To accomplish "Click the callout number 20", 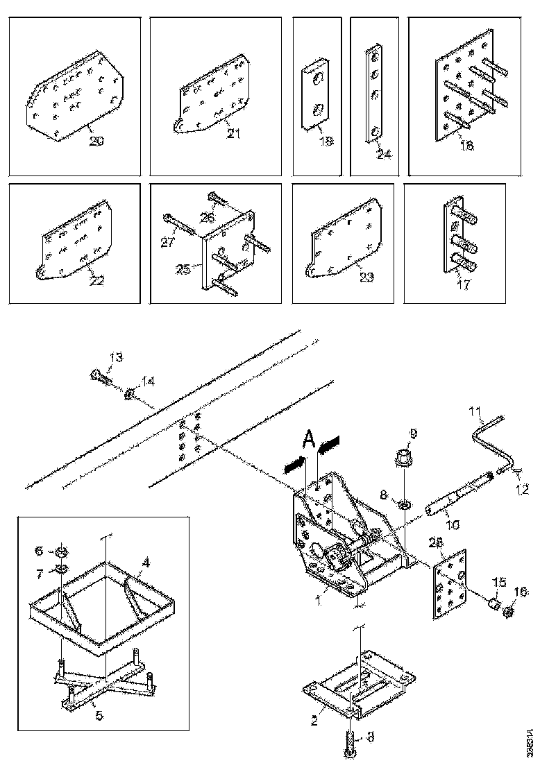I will (96, 141).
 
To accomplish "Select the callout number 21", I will (233, 133).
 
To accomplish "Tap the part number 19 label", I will (326, 141).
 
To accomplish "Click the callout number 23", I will (366, 277).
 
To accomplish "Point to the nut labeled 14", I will (129, 395).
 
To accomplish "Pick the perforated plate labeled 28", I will (448, 586).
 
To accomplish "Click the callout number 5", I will (99, 714).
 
